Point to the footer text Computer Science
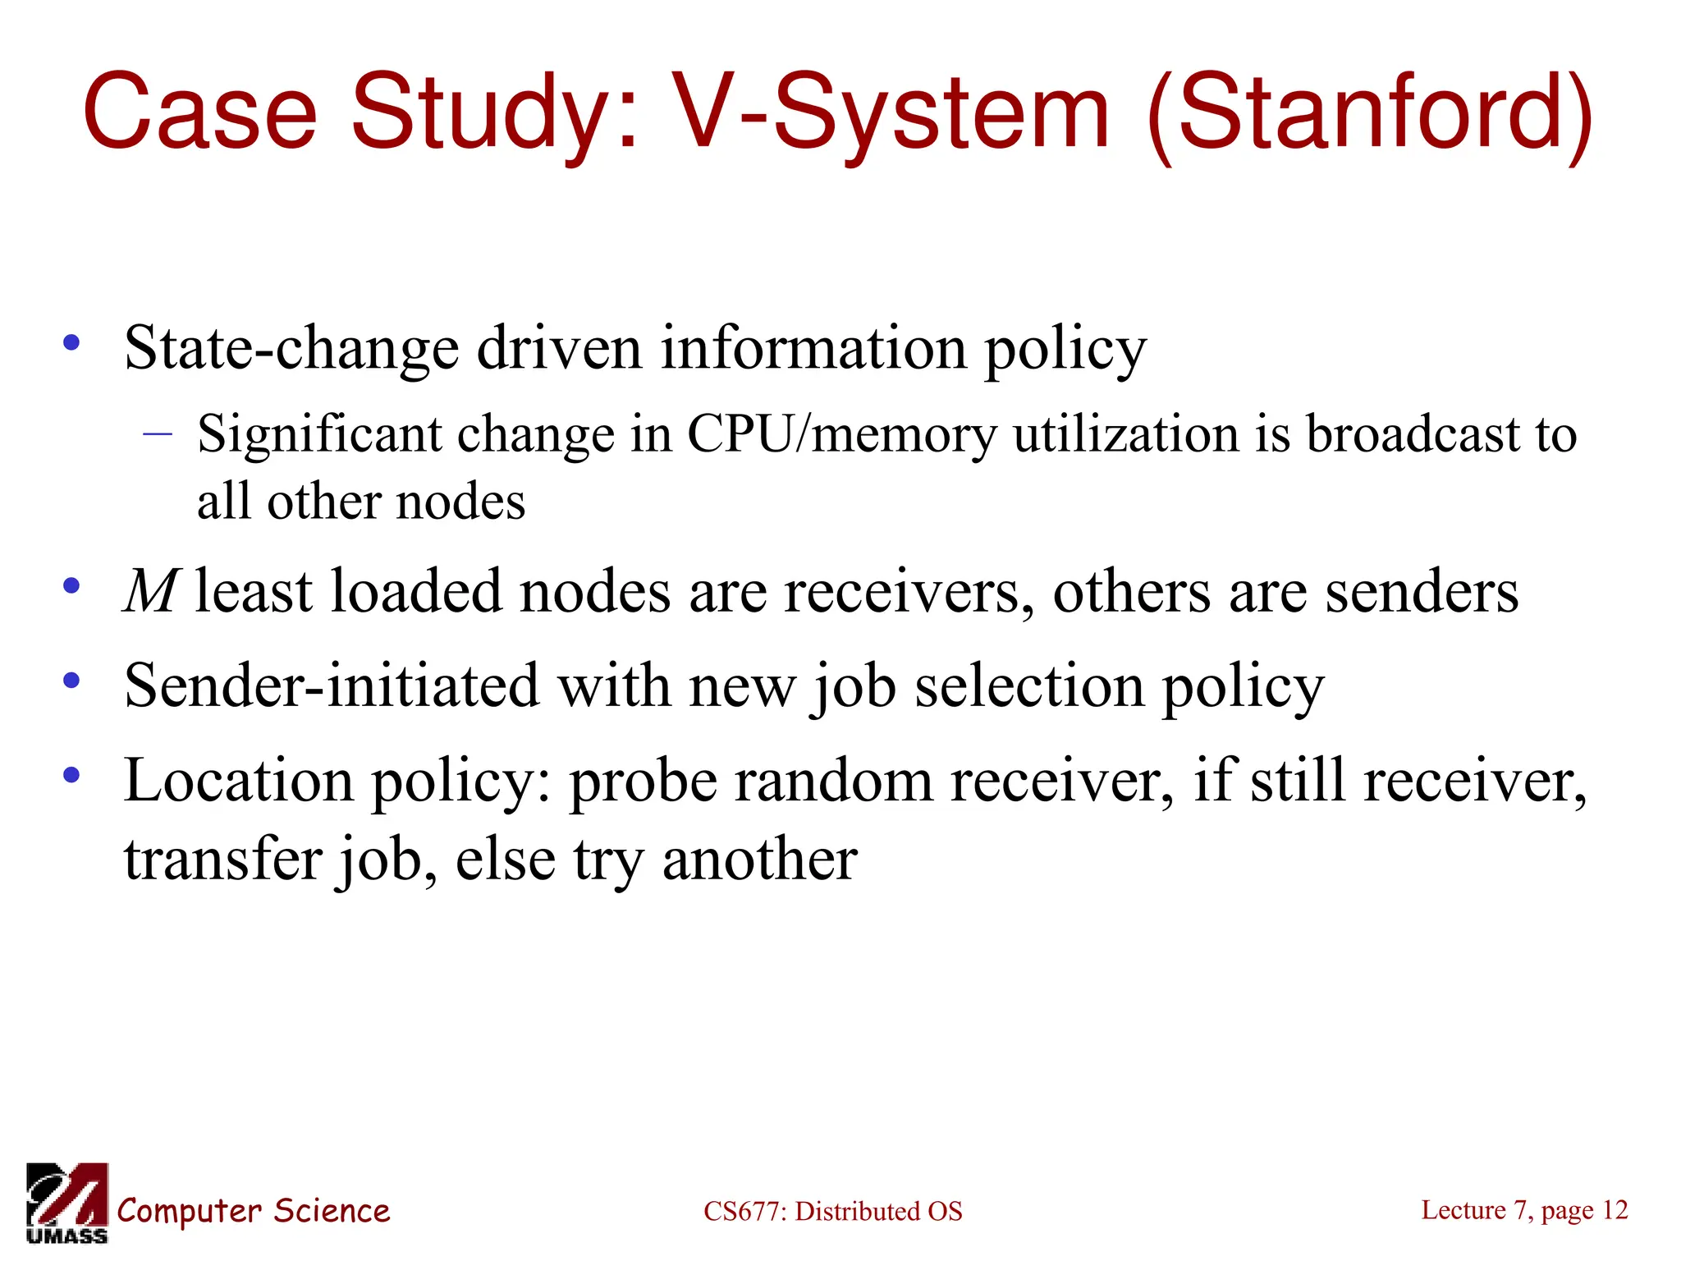point(253,1211)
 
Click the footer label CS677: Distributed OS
point(832,1211)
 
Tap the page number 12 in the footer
point(1614,1209)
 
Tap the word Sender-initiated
point(332,686)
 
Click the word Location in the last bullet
point(239,780)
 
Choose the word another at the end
point(759,860)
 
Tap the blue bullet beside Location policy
point(72,774)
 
